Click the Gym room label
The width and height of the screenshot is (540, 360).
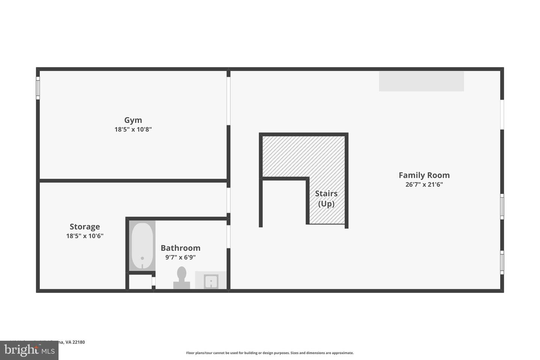click(x=133, y=120)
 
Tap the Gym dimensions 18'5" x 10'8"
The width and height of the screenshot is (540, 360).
click(x=133, y=130)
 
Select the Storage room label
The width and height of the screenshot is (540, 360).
click(x=85, y=226)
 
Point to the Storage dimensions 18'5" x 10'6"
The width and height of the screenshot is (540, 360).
click(x=85, y=236)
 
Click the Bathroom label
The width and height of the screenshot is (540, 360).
click(x=180, y=248)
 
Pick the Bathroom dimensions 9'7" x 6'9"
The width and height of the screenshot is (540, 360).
click(x=180, y=258)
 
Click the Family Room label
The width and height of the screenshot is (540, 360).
click(x=424, y=175)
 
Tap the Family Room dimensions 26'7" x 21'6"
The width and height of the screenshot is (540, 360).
click(x=424, y=185)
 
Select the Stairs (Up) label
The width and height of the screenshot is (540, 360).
click(x=326, y=199)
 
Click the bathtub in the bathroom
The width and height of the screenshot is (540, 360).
click(x=142, y=246)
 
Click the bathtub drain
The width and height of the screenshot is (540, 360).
click(x=142, y=258)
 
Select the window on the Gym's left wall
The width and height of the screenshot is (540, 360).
click(x=38, y=88)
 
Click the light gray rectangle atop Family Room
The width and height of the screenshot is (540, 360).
click(x=421, y=81)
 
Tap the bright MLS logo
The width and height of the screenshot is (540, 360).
click(x=29, y=351)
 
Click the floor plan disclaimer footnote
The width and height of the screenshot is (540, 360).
click(x=270, y=353)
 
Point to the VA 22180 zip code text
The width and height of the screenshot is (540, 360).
click(x=75, y=342)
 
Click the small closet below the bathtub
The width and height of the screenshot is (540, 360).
click(x=140, y=282)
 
